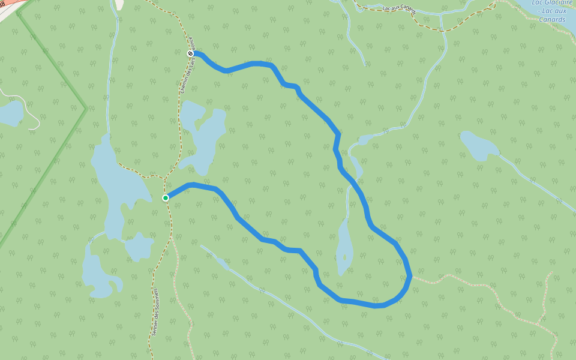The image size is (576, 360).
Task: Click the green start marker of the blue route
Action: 166,197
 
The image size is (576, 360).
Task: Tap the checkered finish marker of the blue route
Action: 191,54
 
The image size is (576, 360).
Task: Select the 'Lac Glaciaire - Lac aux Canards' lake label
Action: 551,11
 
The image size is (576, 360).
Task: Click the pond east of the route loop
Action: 479,145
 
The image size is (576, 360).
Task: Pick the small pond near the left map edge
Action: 11,113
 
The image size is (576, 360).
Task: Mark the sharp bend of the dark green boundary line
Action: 86,108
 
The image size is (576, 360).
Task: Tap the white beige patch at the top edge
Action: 119,4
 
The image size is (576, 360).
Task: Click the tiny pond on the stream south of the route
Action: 223,262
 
